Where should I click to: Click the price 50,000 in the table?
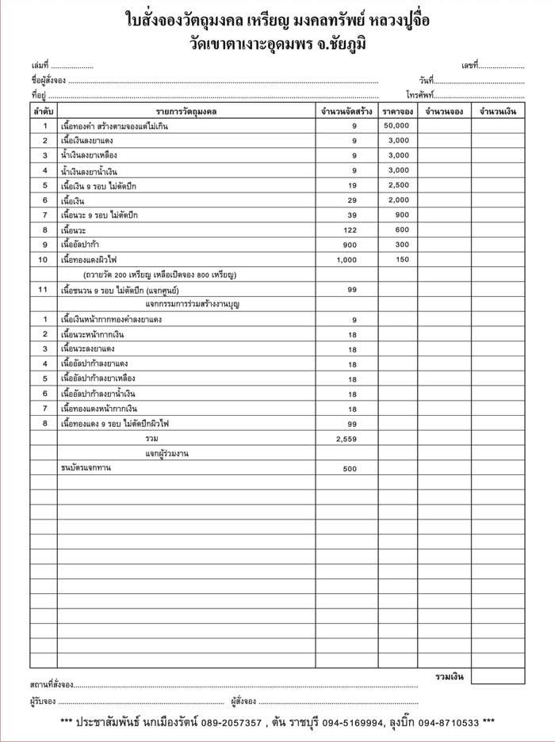tap(397, 126)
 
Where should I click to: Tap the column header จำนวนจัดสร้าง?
tap(346, 112)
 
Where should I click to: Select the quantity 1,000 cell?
tap(347, 260)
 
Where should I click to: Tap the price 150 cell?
tap(402, 260)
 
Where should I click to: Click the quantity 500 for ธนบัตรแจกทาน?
tap(350, 469)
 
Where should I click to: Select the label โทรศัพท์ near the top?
tap(423, 95)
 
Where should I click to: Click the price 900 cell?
tap(402, 215)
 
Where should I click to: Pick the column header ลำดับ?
tap(44, 112)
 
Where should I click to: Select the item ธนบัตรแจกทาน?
tap(86, 469)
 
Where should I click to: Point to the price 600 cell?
tap(402, 230)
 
